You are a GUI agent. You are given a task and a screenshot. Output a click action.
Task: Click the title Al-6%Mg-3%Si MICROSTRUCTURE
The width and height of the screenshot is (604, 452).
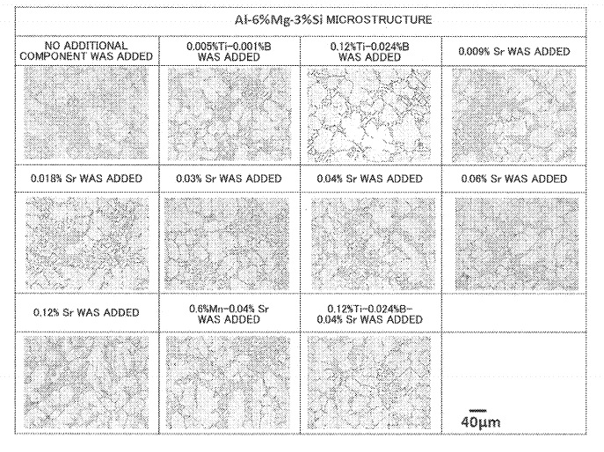[x=333, y=19]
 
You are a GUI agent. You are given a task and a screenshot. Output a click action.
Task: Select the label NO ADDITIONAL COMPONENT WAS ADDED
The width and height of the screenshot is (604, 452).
[x=86, y=51]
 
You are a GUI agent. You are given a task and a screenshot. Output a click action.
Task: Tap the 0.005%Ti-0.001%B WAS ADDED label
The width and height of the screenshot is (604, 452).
[x=229, y=52]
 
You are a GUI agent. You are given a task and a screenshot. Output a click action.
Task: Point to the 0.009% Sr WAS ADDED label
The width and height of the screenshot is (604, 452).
[x=513, y=52]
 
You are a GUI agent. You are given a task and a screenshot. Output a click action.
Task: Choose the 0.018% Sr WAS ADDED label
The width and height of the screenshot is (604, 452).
[x=86, y=179]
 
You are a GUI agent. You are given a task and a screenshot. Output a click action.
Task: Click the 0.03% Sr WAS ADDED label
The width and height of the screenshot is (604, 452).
[x=229, y=179]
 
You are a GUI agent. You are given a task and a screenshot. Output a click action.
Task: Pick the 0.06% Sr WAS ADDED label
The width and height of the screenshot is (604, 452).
[x=513, y=179]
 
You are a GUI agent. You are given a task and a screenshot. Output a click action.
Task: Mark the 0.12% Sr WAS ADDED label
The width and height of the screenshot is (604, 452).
[x=86, y=312]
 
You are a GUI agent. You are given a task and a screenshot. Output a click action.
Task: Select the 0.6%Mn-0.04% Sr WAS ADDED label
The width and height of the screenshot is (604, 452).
[x=229, y=314]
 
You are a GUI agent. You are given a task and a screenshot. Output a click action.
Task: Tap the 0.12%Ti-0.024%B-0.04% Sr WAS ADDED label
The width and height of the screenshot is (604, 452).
[x=370, y=314]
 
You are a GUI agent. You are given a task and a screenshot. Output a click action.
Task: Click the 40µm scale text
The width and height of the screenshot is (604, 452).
[x=481, y=422]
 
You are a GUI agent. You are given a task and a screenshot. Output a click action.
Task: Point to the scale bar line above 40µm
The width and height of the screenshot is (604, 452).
[x=478, y=411]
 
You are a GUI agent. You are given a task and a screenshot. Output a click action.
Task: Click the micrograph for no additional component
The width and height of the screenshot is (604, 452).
[x=86, y=113]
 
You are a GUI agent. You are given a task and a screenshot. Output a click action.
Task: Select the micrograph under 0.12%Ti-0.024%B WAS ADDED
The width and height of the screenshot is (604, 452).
[x=369, y=115]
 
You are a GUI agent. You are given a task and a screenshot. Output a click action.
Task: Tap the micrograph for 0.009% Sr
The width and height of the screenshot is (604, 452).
[x=514, y=115]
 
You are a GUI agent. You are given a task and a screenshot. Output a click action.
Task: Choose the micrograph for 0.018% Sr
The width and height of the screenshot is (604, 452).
[x=87, y=244]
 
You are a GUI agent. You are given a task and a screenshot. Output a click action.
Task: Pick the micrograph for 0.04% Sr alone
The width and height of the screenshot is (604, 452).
[x=374, y=244]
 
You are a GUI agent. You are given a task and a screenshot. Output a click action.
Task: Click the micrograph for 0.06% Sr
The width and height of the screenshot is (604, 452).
[x=517, y=244]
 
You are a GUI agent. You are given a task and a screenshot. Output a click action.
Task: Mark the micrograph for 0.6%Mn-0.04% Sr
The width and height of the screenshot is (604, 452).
[x=228, y=383]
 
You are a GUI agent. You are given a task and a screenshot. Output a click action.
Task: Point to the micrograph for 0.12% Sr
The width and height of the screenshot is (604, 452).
[x=86, y=383]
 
